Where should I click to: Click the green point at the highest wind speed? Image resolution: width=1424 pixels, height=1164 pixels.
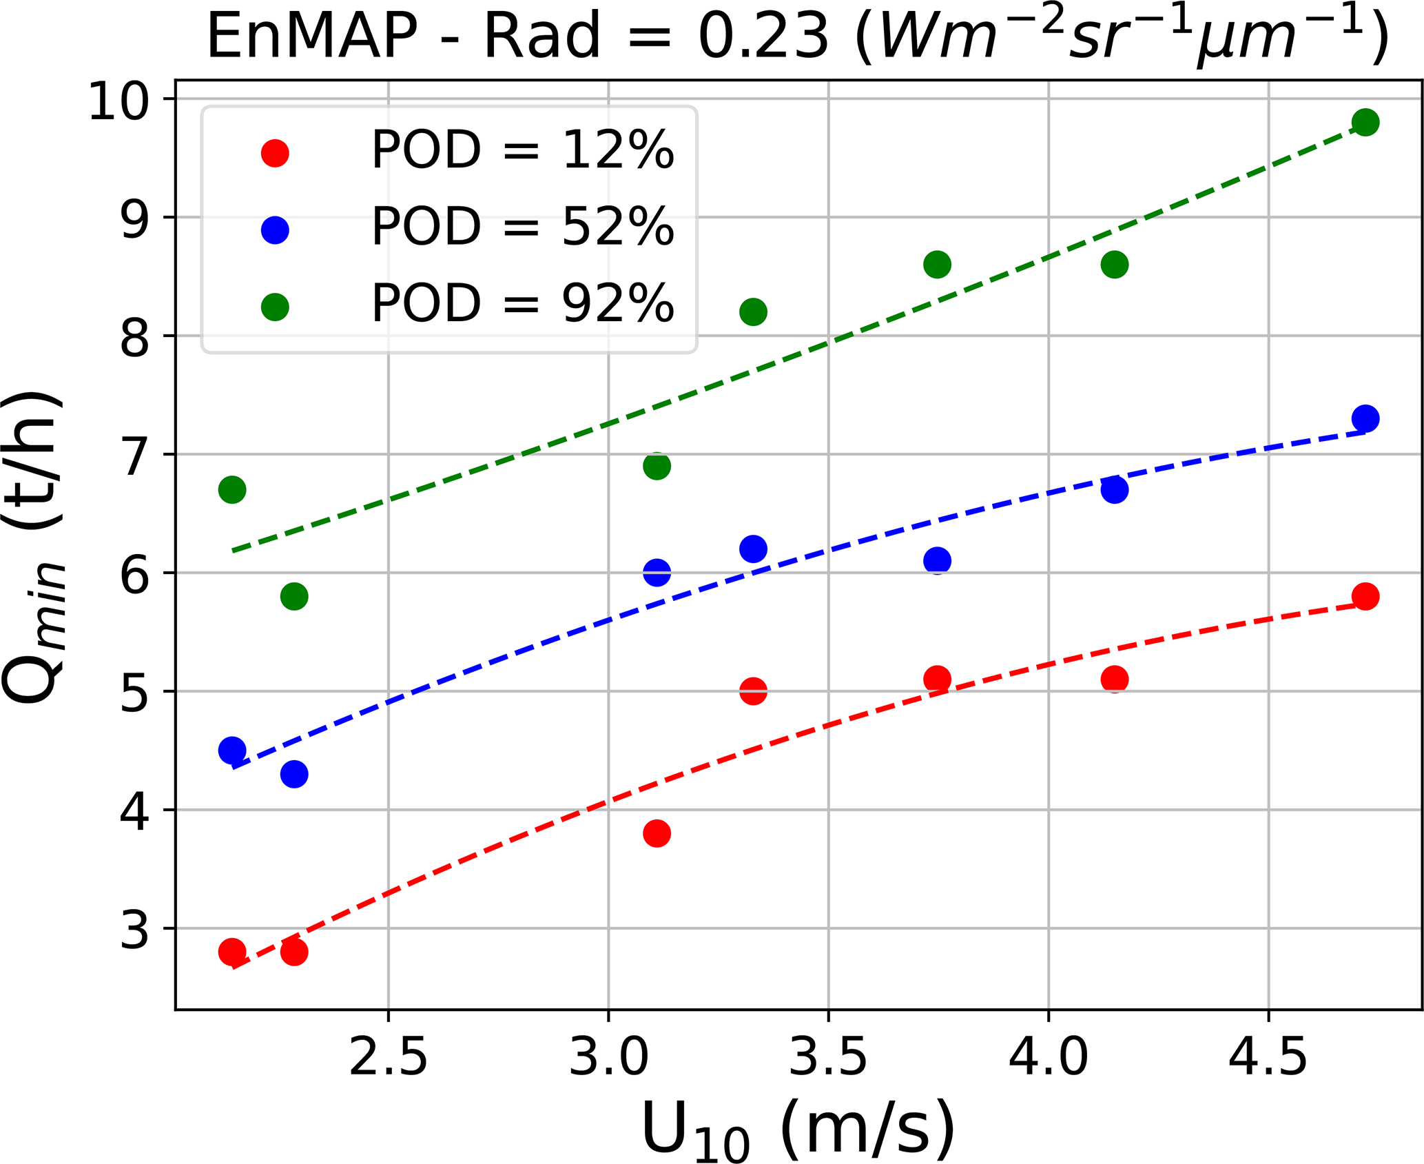1365,123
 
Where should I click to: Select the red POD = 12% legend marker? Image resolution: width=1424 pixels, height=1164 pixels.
275,153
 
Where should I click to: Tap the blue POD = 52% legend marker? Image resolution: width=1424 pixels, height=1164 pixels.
275,229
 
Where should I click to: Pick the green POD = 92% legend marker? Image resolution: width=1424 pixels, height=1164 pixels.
275,307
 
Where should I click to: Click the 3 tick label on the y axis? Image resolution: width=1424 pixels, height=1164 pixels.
134,930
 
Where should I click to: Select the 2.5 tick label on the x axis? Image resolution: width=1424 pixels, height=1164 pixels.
388,1057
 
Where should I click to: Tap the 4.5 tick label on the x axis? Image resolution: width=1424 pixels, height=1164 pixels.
1268,1057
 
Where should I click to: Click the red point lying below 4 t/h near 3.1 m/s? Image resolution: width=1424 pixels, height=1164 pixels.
657,833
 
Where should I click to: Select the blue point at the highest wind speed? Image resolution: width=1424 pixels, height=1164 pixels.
1365,418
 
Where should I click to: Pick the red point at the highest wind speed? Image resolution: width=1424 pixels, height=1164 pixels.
1365,596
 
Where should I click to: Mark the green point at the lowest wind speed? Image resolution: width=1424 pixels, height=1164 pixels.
232,490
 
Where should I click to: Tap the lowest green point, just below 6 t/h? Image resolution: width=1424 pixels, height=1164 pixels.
294,596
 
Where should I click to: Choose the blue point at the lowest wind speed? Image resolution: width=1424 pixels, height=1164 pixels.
232,750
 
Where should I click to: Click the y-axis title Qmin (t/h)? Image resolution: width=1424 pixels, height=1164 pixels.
34,548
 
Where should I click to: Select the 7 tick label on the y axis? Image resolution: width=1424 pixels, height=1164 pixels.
134,456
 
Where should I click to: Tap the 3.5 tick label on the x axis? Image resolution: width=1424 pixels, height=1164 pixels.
827,1057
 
